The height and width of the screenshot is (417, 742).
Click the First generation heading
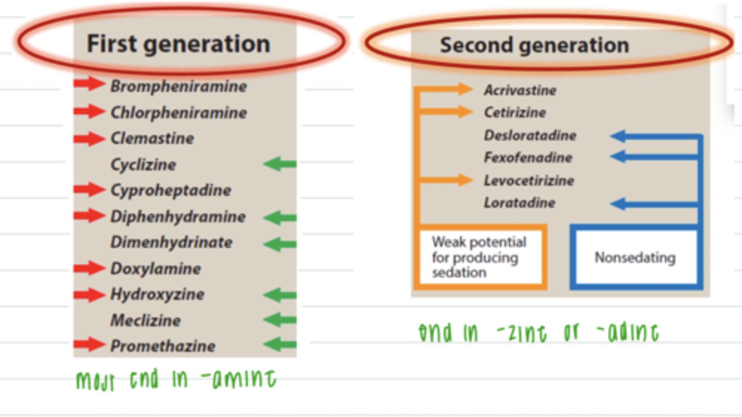point(178,44)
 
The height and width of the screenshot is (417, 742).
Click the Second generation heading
point(534,45)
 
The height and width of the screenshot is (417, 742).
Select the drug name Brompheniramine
point(178,86)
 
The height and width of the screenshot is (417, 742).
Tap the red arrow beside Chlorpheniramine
point(89,111)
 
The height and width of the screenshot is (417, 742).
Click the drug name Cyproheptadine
point(171,190)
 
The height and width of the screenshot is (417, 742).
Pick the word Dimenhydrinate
point(171,242)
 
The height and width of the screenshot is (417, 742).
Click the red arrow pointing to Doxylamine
point(89,268)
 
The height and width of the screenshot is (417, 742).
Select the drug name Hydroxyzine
point(157,294)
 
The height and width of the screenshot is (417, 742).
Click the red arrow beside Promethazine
point(89,345)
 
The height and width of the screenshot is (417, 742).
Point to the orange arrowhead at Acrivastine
point(464,89)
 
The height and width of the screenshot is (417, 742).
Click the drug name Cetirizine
point(514,112)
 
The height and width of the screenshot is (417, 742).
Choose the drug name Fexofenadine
point(528,158)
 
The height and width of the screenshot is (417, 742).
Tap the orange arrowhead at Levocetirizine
point(464,180)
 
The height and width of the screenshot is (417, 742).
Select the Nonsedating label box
point(635,257)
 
